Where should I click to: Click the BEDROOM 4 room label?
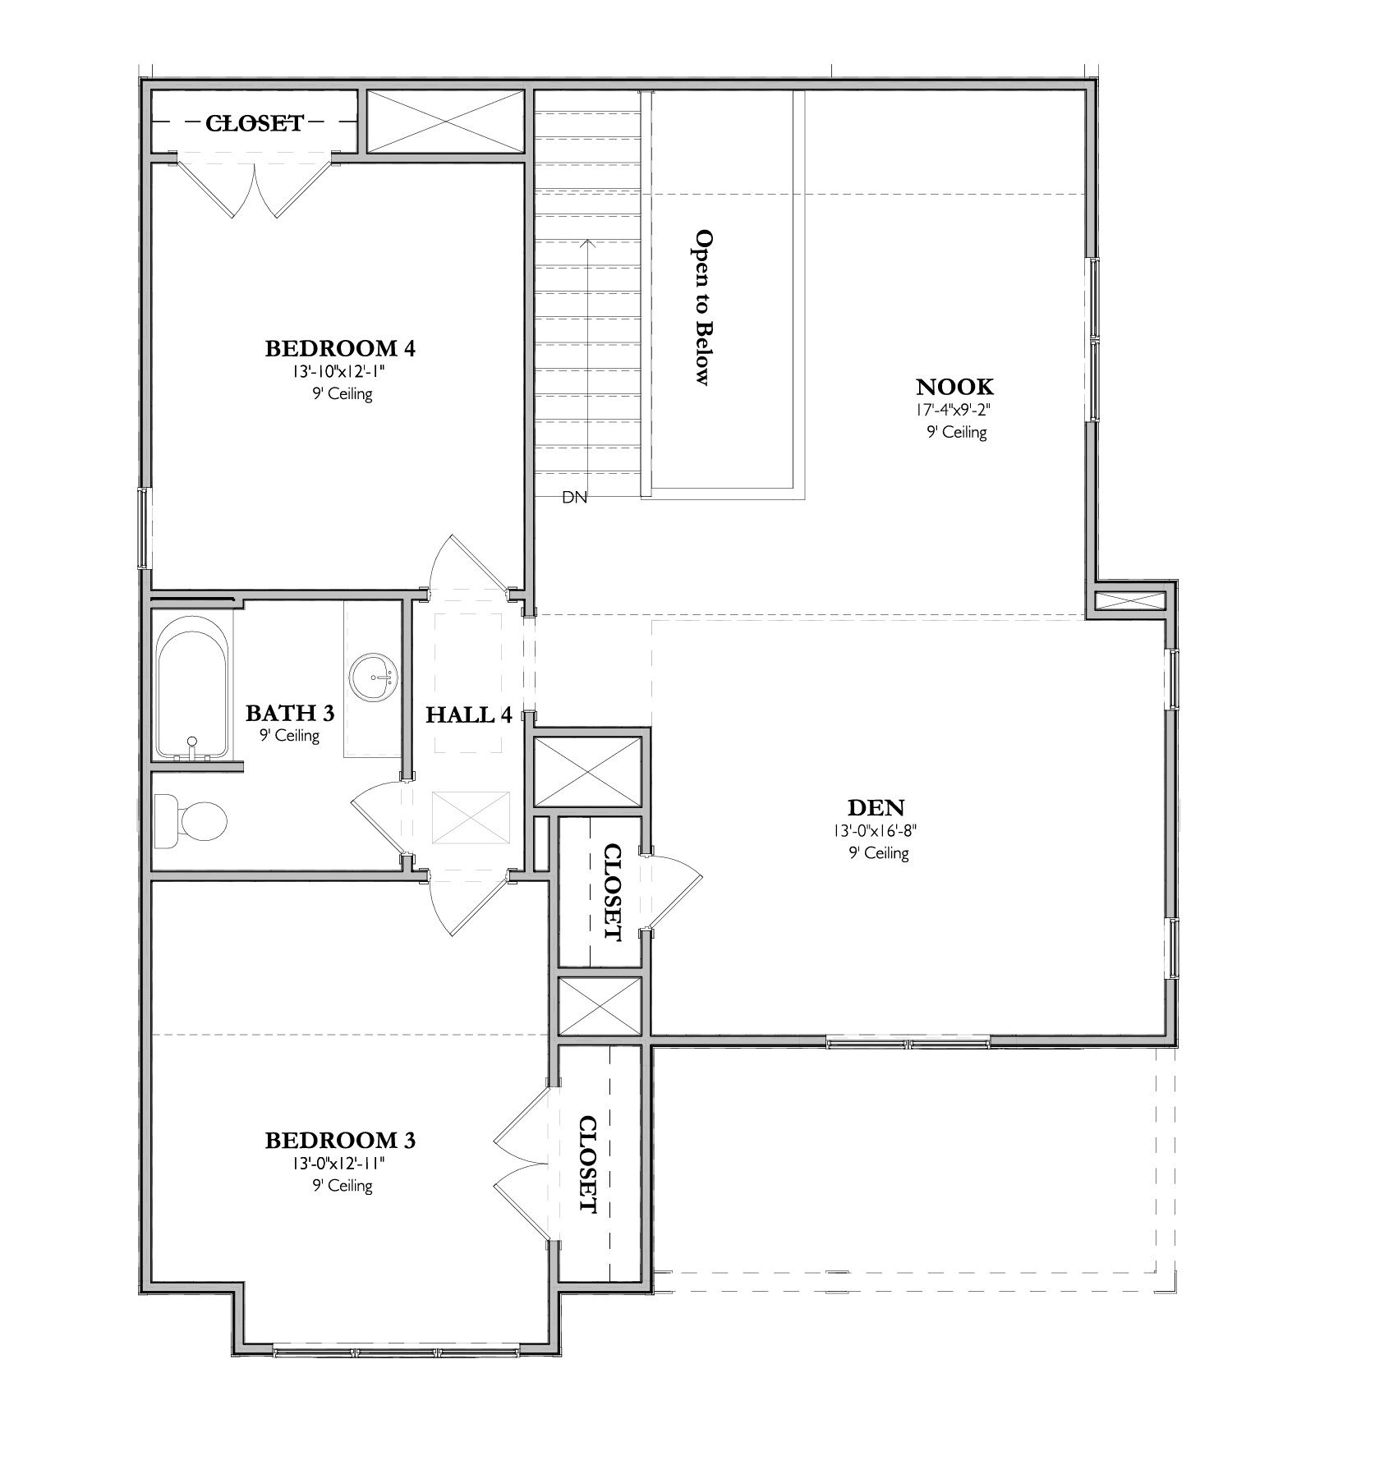tap(339, 348)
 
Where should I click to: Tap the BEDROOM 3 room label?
tap(339, 1141)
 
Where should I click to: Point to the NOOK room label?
tap(955, 386)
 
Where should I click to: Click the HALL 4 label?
tap(468, 715)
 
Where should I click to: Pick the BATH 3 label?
tap(289, 713)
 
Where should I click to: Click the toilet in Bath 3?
tap(191, 820)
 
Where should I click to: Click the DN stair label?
tap(574, 497)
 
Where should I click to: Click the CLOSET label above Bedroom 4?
tap(255, 123)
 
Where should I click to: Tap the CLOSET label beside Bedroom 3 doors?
tap(588, 1164)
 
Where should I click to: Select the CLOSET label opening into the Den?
tap(612, 892)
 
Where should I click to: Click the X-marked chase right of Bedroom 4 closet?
tap(444, 122)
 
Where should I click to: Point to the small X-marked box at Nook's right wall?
tap(1130, 601)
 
